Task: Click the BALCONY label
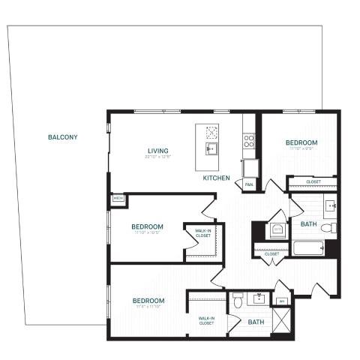tap(62, 137)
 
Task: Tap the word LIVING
tap(157, 151)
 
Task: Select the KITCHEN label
tap(217, 178)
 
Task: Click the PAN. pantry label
tap(248, 183)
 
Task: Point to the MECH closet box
tap(118, 198)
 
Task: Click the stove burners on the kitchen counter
tap(249, 139)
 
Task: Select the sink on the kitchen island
tap(211, 148)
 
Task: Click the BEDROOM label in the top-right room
tap(301, 142)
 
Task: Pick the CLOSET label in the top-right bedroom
tap(313, 181)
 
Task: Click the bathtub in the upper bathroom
tap(308, 248)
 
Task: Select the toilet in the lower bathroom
tap(238, 301)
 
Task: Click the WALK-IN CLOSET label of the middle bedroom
tap(202, 232)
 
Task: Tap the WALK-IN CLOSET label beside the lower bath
tap(208, 320)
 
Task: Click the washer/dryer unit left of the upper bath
tap(277, 229)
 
